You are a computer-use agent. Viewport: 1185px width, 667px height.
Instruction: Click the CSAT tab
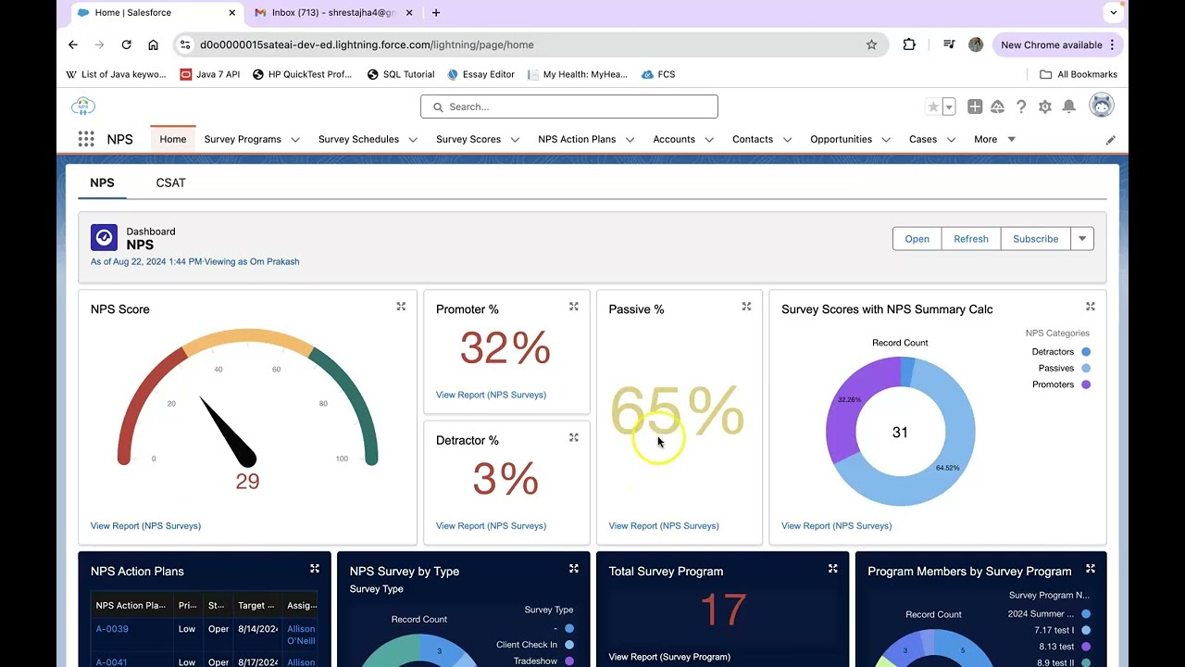click(170, 182)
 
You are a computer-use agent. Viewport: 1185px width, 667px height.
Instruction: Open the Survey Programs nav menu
click(243, 139)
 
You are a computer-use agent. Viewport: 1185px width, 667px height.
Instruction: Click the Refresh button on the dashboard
click(970, 239)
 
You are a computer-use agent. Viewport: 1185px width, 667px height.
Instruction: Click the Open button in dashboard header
click(917, 239)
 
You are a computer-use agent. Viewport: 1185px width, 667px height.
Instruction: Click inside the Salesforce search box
click(568, 107)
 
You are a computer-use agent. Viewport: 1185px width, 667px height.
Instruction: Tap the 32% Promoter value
click(505, 348)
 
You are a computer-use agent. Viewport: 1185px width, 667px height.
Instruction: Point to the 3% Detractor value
click(505, 479)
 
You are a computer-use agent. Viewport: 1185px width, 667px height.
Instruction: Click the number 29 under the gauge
click(247, 481)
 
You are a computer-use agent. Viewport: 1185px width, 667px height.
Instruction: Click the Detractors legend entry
click(1053, 352)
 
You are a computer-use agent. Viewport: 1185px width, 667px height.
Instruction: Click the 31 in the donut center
click(899, 433)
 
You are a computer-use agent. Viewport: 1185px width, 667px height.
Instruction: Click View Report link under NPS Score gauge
click(145, 525)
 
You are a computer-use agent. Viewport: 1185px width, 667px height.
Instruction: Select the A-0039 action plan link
click(112, 629)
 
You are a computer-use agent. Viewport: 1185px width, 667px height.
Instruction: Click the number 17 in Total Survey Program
click(722, 610)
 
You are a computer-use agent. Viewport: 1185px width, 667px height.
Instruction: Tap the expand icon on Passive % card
click(746, 307)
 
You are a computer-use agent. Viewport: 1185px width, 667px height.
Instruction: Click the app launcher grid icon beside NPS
click(86, 139)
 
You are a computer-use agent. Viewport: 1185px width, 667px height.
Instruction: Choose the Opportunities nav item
click(841, 139)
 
